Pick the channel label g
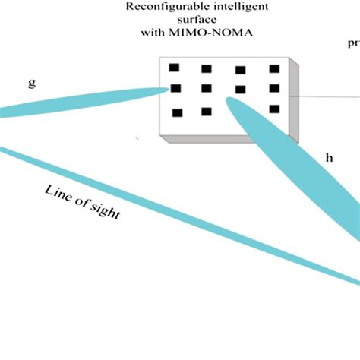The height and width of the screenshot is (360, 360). pyautogui.click(x=31, y=83)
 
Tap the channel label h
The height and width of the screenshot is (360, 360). pyautogui.click(x=329, y=157)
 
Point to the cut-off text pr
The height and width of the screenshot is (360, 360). pyautogui.click(x=353, y=43)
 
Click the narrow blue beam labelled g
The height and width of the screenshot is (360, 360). pyautogui.click(x=84, y=102)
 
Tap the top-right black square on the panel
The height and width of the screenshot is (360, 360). pyautogui.click(x=274, y=69)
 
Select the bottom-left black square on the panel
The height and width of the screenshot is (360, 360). pyautogui.click(x=178, y=113)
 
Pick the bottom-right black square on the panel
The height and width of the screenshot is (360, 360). pyautogui.click(x=274, y=109)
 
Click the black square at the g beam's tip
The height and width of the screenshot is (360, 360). pyautogui.click(x=176, y=88)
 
